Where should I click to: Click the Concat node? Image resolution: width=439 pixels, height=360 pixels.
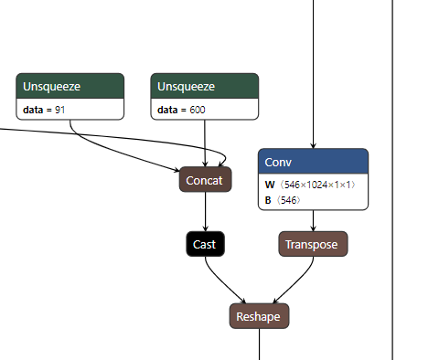tap(204, 180)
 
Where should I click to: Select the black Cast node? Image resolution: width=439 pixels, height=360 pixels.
tap(204, 244)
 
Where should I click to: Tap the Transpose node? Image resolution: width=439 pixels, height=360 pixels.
tap(313, 244)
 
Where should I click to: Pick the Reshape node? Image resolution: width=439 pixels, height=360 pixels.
tap(259, 316)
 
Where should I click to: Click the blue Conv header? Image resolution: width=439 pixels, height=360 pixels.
tap(313, 162)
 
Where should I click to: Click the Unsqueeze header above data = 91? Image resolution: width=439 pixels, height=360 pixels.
tap(70, 87)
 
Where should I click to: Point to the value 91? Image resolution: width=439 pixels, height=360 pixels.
tap(60, 110)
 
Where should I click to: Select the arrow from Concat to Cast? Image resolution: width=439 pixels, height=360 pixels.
tap(205, 213)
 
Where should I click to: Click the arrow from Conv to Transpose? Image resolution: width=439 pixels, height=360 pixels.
tap(314, 220)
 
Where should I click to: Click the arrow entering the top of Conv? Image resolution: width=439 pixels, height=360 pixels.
tap(314, 73)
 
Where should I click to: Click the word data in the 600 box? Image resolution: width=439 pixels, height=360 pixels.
tap(167, 110)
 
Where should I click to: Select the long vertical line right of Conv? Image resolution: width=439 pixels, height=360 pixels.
tap(392, 183)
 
